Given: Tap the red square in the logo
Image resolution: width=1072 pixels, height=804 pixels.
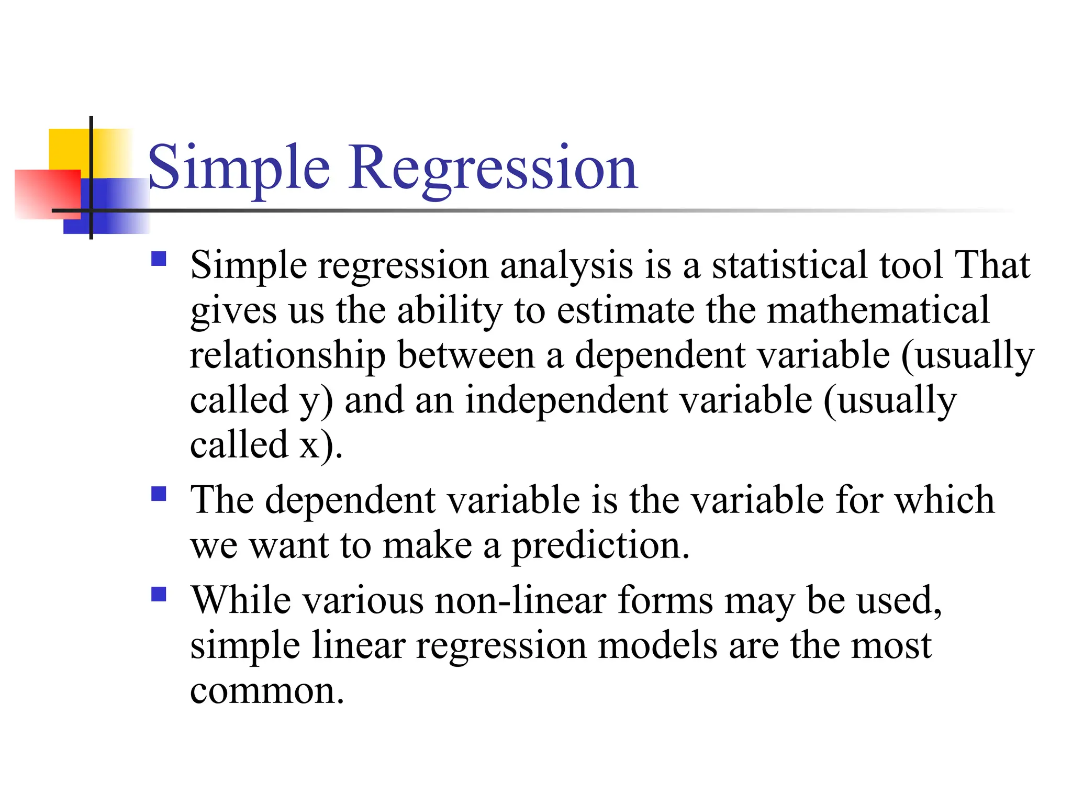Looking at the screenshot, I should (47, 194).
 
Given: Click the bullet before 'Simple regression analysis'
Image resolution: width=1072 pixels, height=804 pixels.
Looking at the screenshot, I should (159, 260).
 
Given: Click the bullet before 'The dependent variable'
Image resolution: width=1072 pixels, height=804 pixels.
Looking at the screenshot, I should (159, 494).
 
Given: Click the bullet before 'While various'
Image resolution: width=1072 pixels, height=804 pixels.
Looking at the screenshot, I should (159, 594).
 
